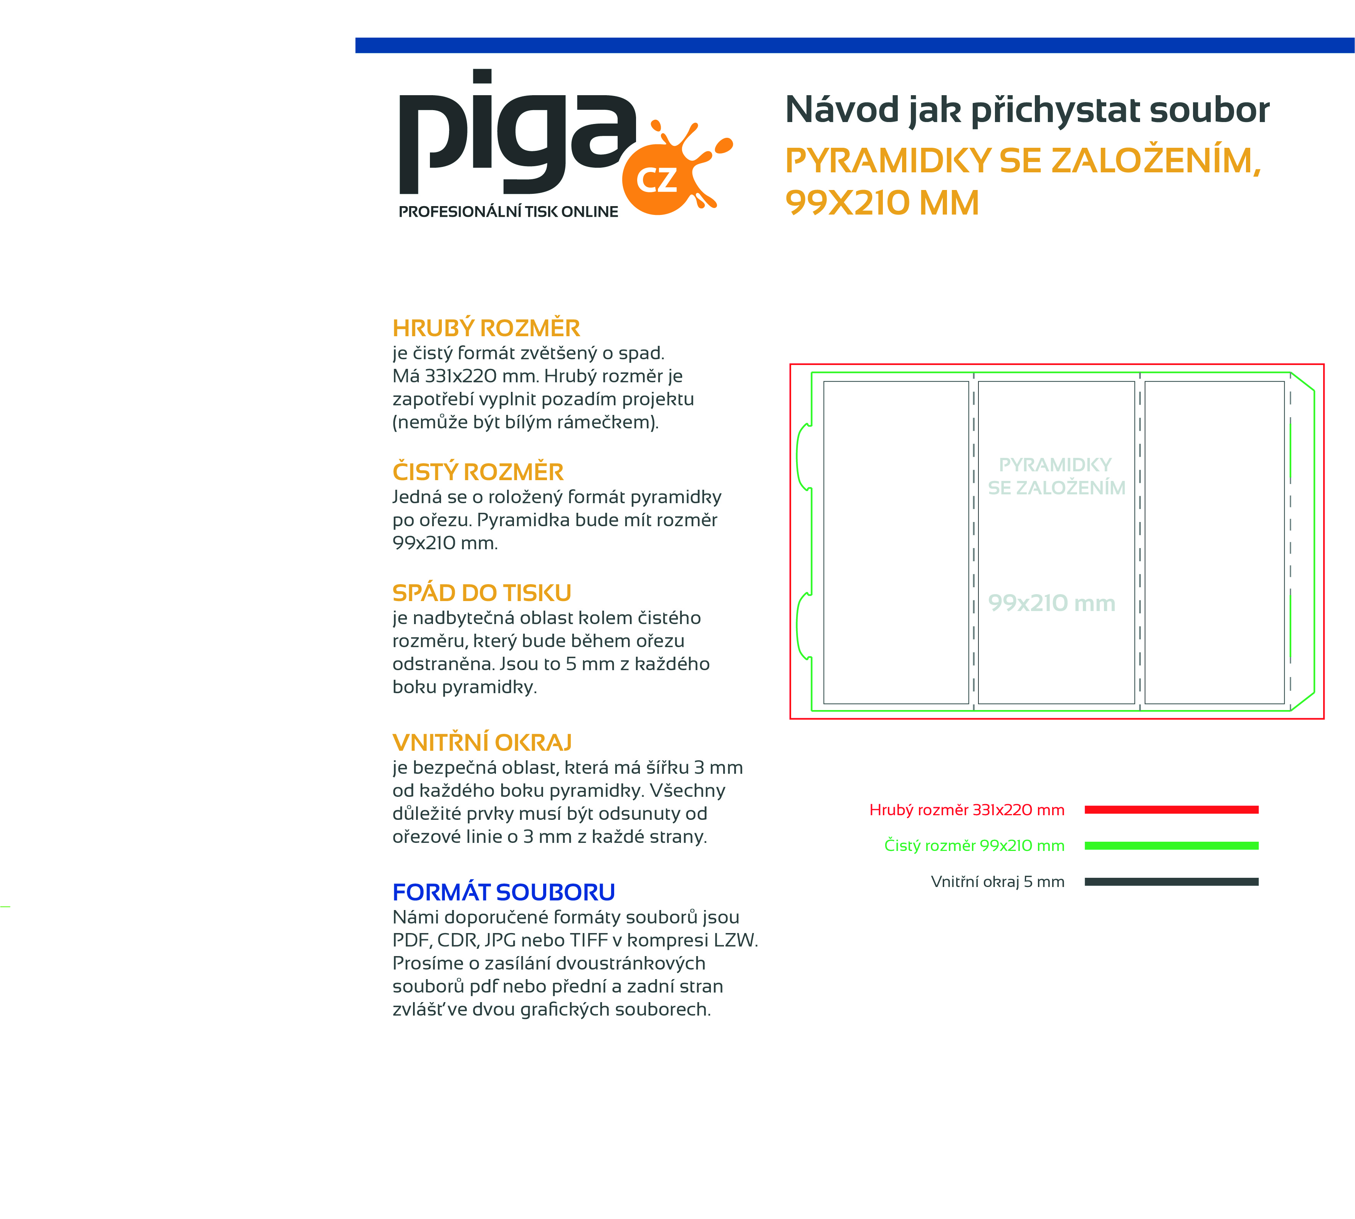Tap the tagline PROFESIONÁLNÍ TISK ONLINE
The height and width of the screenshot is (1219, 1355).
pos(508,211)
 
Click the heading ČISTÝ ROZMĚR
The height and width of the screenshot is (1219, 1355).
pos(478,472)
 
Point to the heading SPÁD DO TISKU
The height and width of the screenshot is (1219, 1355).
pos(482,593)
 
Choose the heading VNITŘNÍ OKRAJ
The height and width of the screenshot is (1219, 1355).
pos(482,742)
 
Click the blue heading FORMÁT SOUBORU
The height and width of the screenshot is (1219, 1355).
pos(504,892)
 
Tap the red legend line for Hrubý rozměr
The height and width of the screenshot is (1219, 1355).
pos(1172,810)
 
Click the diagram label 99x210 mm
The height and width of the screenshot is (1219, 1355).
pos(1052,603)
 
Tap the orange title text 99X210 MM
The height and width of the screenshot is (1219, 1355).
pos(882,203)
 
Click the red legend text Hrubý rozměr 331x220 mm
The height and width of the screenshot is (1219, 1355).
pos(967,810)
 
